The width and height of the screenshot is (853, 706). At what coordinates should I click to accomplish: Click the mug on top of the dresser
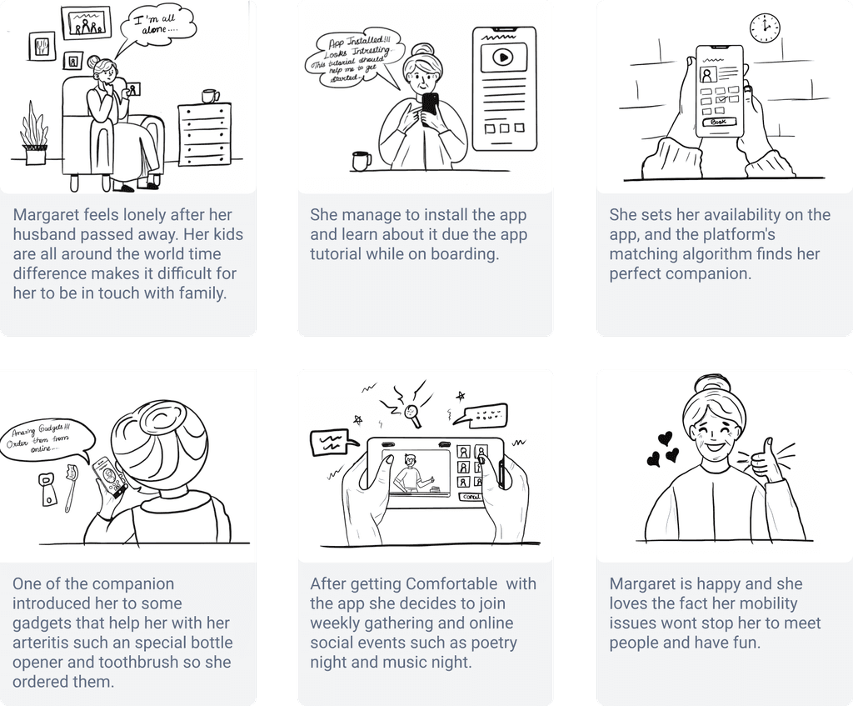[x=211, y=96]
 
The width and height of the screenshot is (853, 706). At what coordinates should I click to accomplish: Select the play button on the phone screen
[x=502, y=58]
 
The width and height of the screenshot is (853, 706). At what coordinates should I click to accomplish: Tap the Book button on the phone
[x=718, y=122]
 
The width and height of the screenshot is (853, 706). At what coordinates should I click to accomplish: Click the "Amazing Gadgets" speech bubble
[x=45, y=437]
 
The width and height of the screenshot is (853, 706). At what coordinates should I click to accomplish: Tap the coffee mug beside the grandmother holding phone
[x=362, y=160]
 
